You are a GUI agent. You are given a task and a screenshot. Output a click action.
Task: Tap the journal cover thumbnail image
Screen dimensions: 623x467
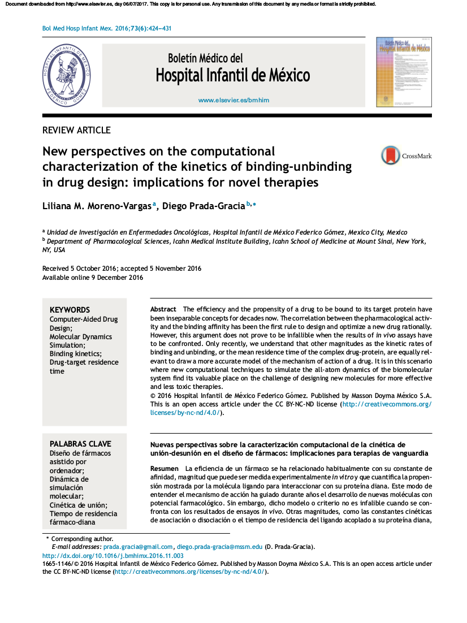tap(404, 71)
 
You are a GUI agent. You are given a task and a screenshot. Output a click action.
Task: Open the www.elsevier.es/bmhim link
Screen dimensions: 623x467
tap(233, 100)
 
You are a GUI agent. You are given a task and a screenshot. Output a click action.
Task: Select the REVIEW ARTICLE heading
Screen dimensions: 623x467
tap(76, 130)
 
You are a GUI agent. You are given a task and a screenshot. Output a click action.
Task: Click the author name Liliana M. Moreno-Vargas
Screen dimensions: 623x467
tap(97, 206)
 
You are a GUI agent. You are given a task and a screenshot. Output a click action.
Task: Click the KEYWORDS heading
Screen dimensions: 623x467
tap(70, 310)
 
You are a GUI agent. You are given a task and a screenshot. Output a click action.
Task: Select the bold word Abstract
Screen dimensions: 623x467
tap(163, 309)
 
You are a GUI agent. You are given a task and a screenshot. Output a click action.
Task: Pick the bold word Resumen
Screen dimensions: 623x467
tap(164, 469)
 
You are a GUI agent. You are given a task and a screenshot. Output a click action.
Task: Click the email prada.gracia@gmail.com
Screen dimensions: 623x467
tap(138, 547)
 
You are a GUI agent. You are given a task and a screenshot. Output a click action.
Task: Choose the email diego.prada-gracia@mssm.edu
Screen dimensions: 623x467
tap(219, 547)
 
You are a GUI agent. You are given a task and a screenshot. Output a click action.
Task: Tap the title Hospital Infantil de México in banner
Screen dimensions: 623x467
tap(232, 75)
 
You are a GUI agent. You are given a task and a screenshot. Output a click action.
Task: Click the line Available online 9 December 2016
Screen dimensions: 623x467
tap(93, 278)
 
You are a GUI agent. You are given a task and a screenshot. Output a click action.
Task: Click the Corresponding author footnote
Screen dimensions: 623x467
tap(82, 539)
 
